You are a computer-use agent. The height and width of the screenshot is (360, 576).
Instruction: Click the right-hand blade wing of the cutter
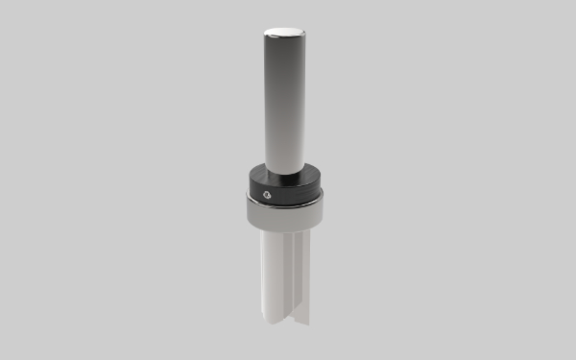[302, 278]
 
